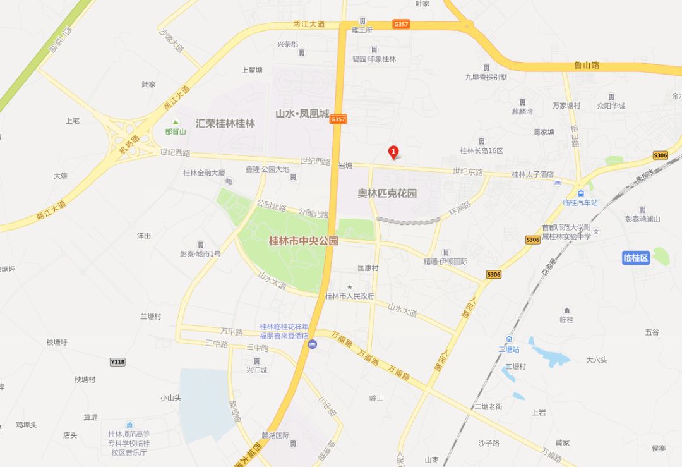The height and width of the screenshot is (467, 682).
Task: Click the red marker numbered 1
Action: click(393, 152)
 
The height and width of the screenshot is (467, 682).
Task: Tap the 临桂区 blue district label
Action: click(636, 258)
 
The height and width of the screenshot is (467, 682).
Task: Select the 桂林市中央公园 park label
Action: click(303, 241)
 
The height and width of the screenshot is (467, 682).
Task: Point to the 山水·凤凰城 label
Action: click(302, 114)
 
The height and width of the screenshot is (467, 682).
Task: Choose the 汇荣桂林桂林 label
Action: click(225, 124)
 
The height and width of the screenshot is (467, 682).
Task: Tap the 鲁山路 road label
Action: click(586, 65)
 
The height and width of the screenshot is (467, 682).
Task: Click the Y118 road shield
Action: click(117, 361)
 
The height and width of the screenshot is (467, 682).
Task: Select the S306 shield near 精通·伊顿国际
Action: click(494, 274)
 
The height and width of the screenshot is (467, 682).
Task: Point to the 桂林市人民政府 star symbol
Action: click(349, 287)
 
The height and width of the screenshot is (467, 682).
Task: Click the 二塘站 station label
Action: click(508, 349)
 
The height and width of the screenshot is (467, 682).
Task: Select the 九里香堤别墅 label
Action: click(486, 77)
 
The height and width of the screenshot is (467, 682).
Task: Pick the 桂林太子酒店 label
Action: click(532, 174)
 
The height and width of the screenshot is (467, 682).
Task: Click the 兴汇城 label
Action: click(256, 370)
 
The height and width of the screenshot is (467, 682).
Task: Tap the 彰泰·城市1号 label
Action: click(200, 254)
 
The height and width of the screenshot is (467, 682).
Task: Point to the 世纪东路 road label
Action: click(467, 172)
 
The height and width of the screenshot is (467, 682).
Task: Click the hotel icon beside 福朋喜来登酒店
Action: click(312, 344)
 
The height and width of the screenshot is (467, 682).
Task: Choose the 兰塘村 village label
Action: click(150, 316)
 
